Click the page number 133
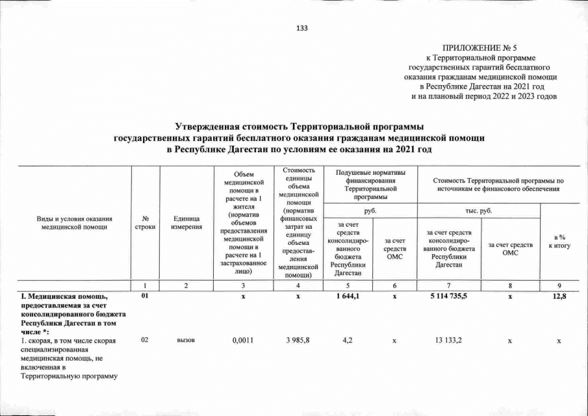[301, 28]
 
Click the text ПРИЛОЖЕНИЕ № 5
[479, 49]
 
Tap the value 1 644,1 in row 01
[352, 296]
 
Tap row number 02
[144, 341]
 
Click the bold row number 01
[144, 296]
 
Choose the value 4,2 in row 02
[352, 341]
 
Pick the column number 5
[352, 285]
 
